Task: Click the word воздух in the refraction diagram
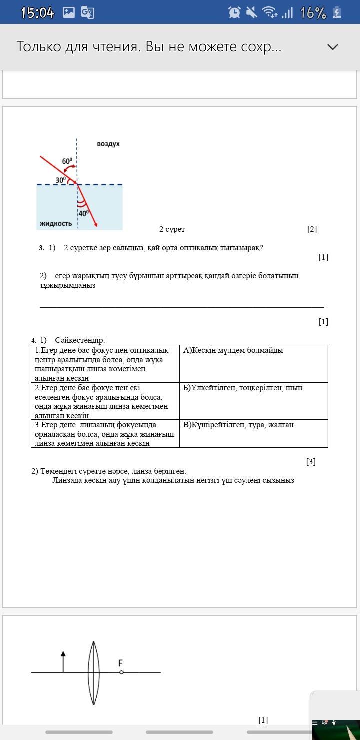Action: tap(108, 144)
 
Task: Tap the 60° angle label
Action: tap(67, 161)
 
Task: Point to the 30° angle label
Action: tap(61, 180)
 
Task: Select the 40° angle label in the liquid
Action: tap(84, 213)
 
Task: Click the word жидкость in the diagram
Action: tap(56, 223)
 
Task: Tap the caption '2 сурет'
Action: tap(172, 229)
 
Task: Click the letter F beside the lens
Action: tap(120, 663)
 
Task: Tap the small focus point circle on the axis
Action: tap(121, 672)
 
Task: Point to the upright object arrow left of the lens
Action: tap(63, 662)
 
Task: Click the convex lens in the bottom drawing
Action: tap(93, 672)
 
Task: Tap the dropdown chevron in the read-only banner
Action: tap(332, 47)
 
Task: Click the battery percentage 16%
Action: tap(313, 13)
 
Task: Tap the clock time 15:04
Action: tap(37, 13)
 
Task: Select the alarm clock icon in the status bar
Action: tap(234, 13)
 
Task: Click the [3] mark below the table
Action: tap(311, 462)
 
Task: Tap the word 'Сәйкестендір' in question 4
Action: tap(80, 340)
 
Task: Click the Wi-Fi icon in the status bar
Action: tap(270, 13)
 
